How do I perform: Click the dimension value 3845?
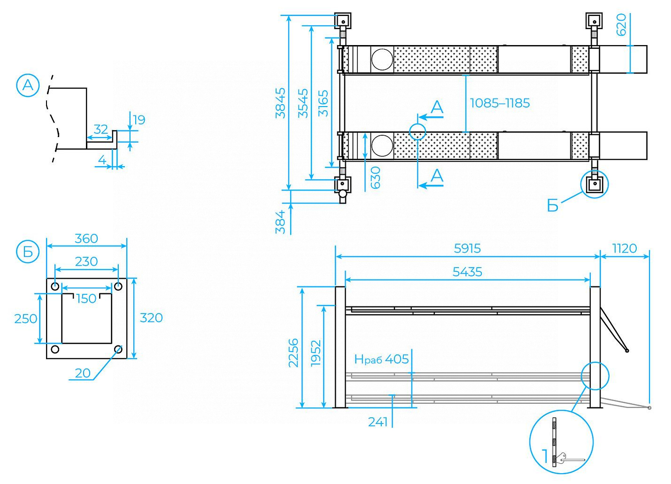[x=280, y=103]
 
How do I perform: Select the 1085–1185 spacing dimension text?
[x=500, y=103]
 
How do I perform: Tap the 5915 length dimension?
[x=467, y=248]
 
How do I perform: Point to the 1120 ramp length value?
[x=624, y=248]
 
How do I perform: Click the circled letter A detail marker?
[x=28, y=85]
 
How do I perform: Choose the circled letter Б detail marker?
[x=28, y=252]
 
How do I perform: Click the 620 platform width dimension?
[x=621, y=24]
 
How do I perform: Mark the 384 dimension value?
[x=280, y=222]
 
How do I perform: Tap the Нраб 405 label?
[x=381, y=359]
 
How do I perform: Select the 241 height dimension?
[x=378, y=422]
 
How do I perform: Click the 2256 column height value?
[x=293, y=353]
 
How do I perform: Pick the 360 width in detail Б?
[x=86, y=238]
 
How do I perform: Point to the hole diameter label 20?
[x=83, y=373]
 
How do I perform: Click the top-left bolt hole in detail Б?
[x=55, y=287]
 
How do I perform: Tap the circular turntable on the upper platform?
[x=382, y=59]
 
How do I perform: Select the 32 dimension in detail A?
[x=100, y=130]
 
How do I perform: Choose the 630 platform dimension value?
[x=375, y=178]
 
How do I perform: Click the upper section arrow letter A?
[x=437, y=107]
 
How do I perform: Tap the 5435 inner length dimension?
[x=467, y=272]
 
